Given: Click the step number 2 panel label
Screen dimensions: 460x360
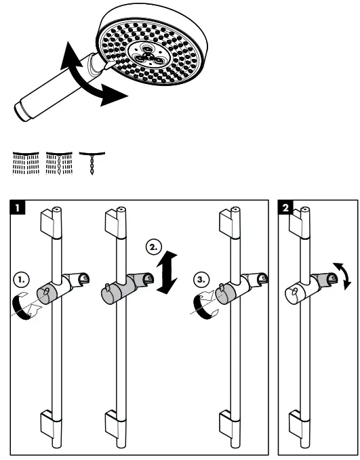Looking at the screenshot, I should point(287,205).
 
